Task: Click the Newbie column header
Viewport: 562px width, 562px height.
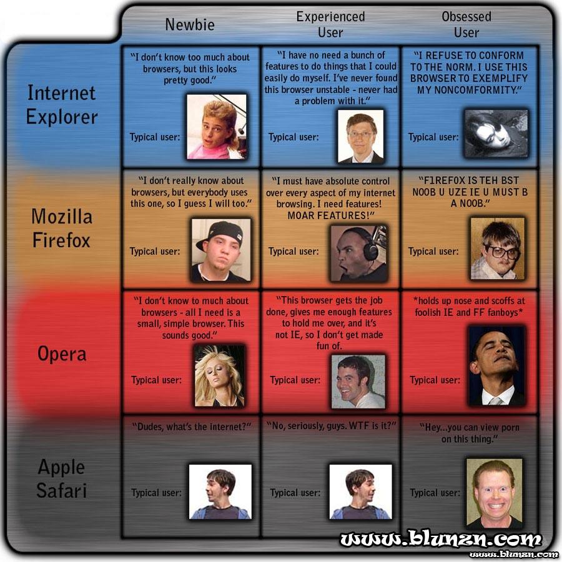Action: click(190, 25)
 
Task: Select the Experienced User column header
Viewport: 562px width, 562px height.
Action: click(330, 24)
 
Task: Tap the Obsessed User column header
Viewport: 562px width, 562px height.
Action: click(466, 24)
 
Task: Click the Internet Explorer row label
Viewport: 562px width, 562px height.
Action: click(62, 105)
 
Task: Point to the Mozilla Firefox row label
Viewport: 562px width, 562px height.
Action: click(62, 228)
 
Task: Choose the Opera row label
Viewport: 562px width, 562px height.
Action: click(62, 353)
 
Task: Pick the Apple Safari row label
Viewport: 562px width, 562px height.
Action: click(62, 478)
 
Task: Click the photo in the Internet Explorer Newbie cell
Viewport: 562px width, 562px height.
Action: click(217, 127)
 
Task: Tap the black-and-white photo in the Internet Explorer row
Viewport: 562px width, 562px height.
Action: click(496, 134)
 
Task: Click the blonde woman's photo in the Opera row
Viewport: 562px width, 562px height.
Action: click(219, 376)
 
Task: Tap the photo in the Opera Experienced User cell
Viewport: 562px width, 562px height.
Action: click(358, 382)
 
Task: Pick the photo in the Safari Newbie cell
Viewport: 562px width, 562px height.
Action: click(220, 492)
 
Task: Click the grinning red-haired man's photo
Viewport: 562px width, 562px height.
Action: click(495, 493)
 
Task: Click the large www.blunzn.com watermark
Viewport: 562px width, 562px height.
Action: click(441, 539)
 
